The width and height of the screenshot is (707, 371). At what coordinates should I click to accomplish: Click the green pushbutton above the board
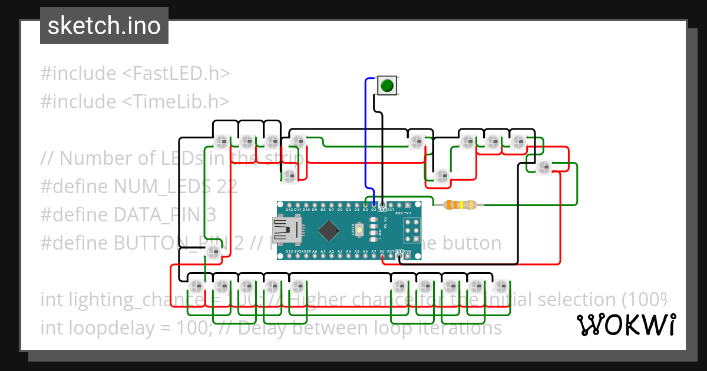click(386, 86)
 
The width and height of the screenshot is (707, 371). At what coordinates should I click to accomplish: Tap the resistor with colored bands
click(460, 205)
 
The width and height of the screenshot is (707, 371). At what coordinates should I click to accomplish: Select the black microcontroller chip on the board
click(328, 230)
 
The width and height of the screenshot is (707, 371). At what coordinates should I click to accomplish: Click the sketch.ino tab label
click(104, 26)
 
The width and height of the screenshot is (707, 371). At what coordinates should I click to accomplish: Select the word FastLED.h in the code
click(176, 74)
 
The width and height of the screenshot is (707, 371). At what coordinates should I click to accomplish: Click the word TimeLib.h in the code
click(176, 101)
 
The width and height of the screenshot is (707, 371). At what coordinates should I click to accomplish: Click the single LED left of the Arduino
click(213, 253)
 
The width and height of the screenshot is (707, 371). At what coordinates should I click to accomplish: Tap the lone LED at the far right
click(543, 167)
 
